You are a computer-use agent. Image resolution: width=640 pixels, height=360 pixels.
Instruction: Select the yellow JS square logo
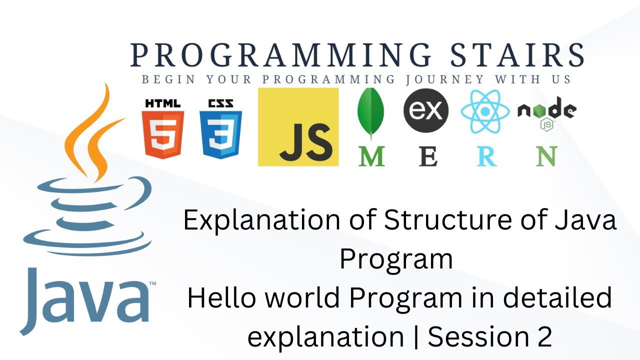[x=298, y=127]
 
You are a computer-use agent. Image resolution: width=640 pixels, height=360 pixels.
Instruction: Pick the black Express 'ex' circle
[x=426, y=110]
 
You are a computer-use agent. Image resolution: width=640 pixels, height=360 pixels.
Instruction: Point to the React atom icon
[x=485, y=111]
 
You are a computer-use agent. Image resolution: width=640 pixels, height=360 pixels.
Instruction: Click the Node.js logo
[x=546, y=112]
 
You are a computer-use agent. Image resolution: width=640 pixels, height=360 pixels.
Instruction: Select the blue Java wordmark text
[x=85, y=300]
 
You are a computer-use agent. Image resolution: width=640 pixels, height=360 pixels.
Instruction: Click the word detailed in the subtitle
[x=557, y=298]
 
